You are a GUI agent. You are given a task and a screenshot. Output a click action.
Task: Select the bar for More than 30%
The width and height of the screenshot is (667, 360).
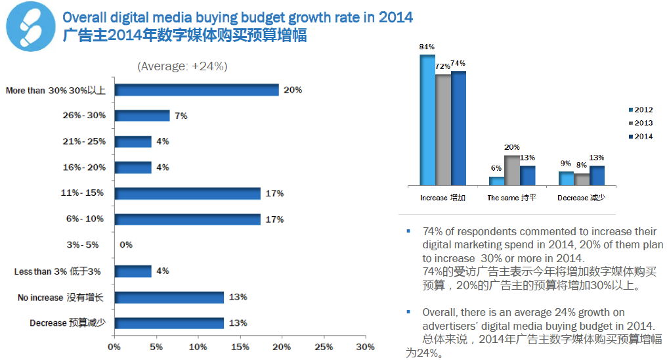197,90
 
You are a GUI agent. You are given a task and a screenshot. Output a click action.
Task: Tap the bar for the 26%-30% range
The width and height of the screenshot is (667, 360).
142,116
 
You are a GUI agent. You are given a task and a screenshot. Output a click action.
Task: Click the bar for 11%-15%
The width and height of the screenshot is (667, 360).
187,193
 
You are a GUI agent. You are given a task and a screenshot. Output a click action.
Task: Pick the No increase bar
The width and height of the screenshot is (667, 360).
169,297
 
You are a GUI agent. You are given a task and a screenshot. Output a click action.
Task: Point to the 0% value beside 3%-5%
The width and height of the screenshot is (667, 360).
126,245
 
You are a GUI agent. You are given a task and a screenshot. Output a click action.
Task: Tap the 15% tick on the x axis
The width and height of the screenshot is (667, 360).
240,347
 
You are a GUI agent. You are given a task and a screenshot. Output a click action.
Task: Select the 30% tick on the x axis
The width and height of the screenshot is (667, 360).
365,347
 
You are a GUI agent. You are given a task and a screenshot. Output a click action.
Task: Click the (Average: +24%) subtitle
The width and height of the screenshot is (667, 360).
182,66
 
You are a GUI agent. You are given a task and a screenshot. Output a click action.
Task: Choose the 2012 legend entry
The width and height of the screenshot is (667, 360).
639,110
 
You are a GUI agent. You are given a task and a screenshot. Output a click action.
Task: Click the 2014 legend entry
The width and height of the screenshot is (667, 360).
639,136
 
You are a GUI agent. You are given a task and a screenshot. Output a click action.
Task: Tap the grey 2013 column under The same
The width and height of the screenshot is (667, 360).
512,169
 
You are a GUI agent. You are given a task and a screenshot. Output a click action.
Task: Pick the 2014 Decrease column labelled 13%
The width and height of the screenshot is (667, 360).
597,175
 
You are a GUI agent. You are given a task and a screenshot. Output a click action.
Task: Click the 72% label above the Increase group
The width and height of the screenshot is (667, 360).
442,66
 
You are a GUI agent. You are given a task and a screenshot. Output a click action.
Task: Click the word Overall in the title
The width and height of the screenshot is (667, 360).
83,17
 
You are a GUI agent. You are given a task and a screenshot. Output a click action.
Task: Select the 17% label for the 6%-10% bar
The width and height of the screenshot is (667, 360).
275,219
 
